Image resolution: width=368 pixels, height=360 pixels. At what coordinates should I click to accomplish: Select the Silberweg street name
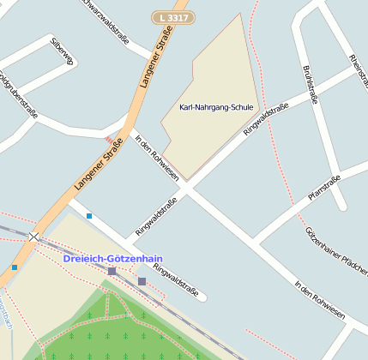pos(63,52)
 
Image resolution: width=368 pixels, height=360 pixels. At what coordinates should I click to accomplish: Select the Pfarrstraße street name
pos(323,189)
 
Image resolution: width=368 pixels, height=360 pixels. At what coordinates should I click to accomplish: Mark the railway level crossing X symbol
pos(33,236)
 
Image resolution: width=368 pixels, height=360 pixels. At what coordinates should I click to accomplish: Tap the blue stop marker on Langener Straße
pos(15,267)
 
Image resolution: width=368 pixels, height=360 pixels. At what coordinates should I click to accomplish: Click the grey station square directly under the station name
pos(112,271)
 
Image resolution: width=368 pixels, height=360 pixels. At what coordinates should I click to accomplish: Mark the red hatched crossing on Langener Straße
pos(108,139)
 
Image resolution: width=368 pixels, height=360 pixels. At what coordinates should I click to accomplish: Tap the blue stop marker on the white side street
pos(89,216)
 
